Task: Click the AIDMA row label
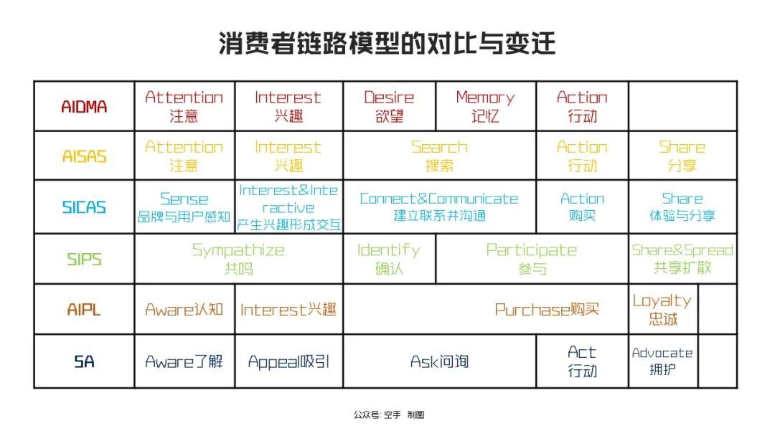pos(84,107)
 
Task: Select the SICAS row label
pos(84,207)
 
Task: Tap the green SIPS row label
pos(84,259)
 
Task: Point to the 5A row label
pos(84,362)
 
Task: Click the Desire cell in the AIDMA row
pos(389,106)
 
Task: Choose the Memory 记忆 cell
pos(485,106)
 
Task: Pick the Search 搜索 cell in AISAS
pos(439,156)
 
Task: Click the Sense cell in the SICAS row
pos(184,207)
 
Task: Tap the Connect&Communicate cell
pos(439,207)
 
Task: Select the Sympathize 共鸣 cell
pos(238,259)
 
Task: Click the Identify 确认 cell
pos(389,259)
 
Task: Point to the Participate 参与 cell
pos(532,259)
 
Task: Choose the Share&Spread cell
pos(682,258)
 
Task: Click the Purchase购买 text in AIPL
pos(547,310)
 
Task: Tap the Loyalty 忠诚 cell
pos(662,309)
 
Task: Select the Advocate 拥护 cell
pos(662,361)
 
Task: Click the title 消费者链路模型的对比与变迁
pos(387,43)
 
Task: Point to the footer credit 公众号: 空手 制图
pos(389,414)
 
